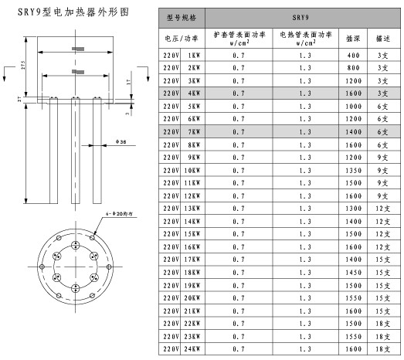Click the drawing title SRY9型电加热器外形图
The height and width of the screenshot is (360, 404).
67,13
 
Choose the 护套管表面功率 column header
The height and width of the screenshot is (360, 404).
239,37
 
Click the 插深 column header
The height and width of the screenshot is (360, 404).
354,37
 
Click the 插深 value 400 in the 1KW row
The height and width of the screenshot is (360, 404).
354,56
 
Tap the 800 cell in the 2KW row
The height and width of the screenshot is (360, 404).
354,68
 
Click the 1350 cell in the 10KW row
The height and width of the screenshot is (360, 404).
354,169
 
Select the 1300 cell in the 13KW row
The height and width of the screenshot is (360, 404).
354,208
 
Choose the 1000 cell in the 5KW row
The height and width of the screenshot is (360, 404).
354,106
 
